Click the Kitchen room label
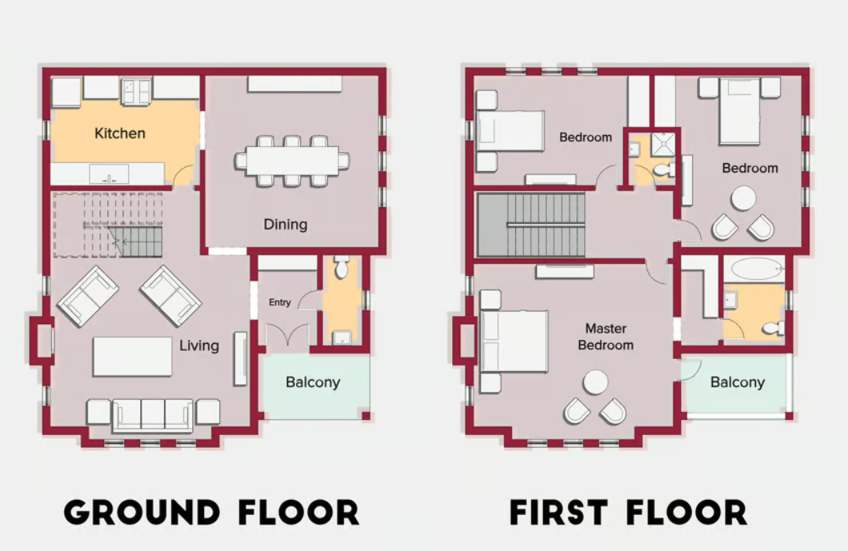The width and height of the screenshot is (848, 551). point(120,133)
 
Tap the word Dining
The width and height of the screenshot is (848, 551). point(286,224)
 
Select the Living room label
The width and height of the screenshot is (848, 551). point(198,345)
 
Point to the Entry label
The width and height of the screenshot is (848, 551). point(280,302)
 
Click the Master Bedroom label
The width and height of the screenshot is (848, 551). point(606,337)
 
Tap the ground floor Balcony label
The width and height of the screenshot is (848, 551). point(313,382)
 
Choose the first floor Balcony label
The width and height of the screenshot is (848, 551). point(737,382)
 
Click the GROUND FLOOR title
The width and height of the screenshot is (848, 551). point(211,513)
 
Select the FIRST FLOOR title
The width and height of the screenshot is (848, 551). point(628,513)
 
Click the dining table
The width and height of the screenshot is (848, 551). point(292,161)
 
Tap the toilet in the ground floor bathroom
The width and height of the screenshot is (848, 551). point(342,268)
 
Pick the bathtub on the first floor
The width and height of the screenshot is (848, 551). point(757,269)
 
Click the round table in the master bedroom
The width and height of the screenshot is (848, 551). point(595,382)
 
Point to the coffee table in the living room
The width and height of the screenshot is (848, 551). point(132,356)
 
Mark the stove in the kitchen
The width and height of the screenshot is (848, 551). point(136,90)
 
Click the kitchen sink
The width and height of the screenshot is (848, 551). point(105,174)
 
